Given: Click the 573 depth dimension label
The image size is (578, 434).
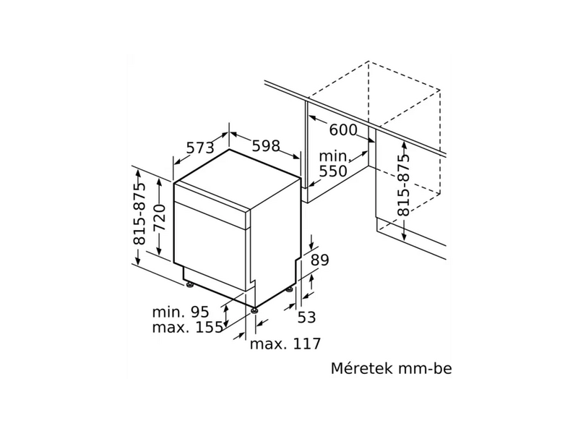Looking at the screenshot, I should [x=199, y=148].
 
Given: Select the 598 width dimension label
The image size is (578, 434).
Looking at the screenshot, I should [x=265, y=145].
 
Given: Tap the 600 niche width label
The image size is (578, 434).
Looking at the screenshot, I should [x=342, y=130].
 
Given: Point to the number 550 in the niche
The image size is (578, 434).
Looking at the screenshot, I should [x=334, y=171].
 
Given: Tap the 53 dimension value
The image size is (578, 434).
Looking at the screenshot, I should [x=307, y=316].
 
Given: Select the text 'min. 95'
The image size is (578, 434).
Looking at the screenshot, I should [x=180, y=312].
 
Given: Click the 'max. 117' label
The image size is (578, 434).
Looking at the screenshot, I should [x=285, y=344].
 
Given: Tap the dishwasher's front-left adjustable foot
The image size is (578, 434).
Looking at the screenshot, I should [x=255, y=309].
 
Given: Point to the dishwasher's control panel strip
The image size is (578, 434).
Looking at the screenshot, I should [x=213, y=207].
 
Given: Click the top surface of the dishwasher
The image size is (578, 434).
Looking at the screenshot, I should [x=238, y=177].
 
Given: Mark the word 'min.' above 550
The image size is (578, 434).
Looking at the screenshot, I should [x=334, y=156].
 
